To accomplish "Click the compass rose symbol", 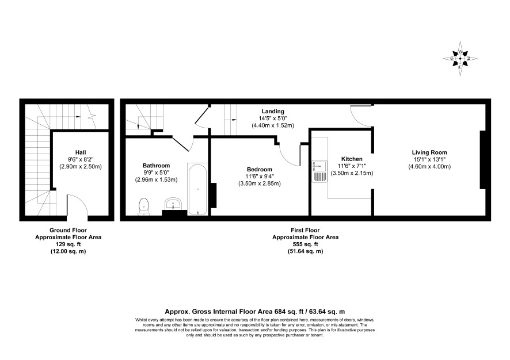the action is click(460, 59).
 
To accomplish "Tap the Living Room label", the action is click(429, 152).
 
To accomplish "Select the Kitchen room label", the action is click(352, 159).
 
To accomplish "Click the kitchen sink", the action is click(319, 171).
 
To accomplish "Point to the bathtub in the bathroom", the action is click(197, 189).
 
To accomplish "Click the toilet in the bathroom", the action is click(143, 206).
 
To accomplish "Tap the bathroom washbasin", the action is click(174, 204).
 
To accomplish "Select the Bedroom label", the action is click(259, 169).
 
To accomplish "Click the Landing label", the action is click(273, 112).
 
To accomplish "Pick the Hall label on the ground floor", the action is click(81, 152).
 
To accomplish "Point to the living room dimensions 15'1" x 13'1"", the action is click(429, 159).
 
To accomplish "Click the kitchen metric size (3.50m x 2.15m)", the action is click(352, 173).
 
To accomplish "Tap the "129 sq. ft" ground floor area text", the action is click(68, 244).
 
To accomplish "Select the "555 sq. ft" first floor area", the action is click(305, 244).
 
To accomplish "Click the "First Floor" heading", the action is click(305, 231).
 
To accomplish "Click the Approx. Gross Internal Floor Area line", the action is click(254, 312).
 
